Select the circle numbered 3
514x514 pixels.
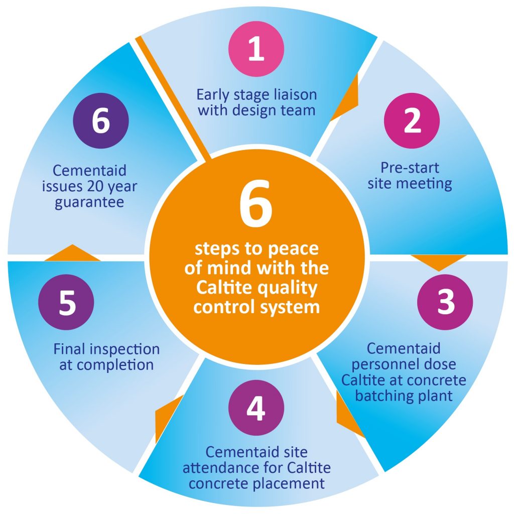pos(445,301)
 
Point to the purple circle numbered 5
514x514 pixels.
pos(66,302)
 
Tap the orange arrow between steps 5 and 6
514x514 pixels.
pos(72,252)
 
